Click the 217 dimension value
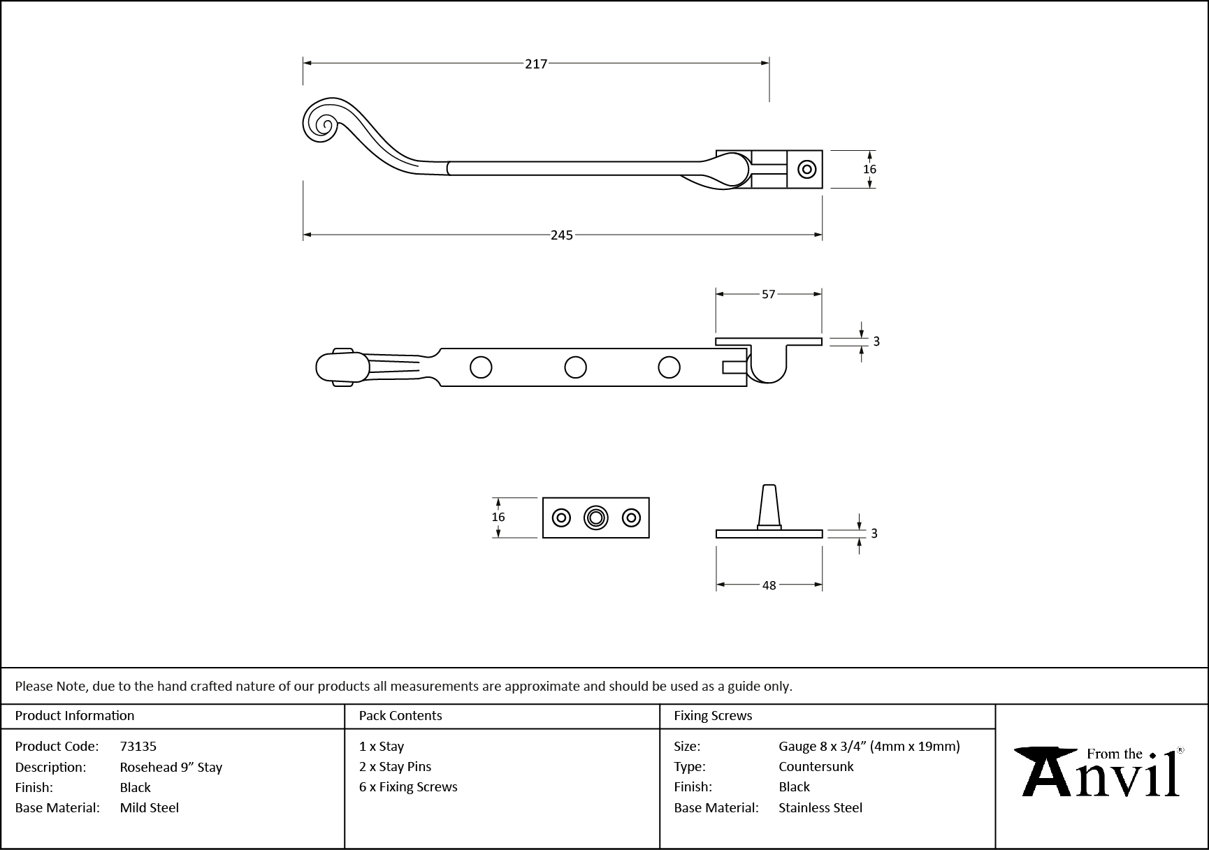coord(535,64)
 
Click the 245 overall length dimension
coord(561,235)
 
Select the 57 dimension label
coord(768,295)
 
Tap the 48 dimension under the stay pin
coord(769,585)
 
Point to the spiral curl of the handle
coord(324,124)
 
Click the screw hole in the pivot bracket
coord(807,169)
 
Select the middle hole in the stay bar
coord(575,367)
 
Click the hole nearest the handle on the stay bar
coord(481,367)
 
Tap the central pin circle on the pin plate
coord(595,518)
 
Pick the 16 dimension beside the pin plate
coord(498,518)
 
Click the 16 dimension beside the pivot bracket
coord(869,169)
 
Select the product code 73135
coord(138,747)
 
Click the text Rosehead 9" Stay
coord(171,767)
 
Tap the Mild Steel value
coord(149,808)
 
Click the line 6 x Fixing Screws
coord(408,787)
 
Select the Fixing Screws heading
coord(713,716)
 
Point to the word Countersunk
coord(816,767)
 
